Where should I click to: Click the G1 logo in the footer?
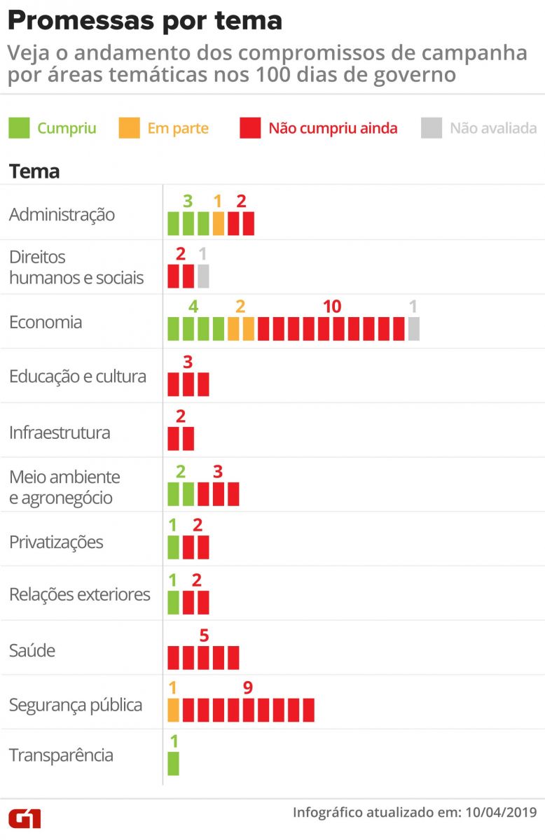click(x=25, y=818)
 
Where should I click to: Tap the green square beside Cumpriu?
click(x=19, y=128)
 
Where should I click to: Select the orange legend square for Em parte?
click(x=130, y=128)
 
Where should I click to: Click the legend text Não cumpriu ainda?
click(x=333, y=128)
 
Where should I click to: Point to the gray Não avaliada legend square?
click(x=432, y=128)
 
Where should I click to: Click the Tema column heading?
click(x=34, y=171)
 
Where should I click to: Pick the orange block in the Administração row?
click(x=219, y=223)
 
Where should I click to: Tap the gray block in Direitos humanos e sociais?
click(x=203, y=276)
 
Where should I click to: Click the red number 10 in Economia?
click(x=332, y=307)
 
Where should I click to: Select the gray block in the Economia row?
click(x=413, y=328)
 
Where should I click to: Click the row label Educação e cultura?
click(x=78, y=377)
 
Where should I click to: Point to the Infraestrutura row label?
click(x=60, y=433)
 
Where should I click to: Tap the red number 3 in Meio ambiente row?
click(x=218, y=471)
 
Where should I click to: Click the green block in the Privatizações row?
click(x=174, y=547)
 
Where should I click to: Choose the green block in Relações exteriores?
click(x=174, y=602)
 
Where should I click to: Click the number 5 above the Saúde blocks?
click(x=204, y=636)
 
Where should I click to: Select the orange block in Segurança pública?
click(x=174, y=710)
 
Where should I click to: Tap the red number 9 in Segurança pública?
click(x=248, y=687)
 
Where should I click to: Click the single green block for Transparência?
click(x=174, y=764)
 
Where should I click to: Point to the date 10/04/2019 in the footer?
click(x=501, y=812)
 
